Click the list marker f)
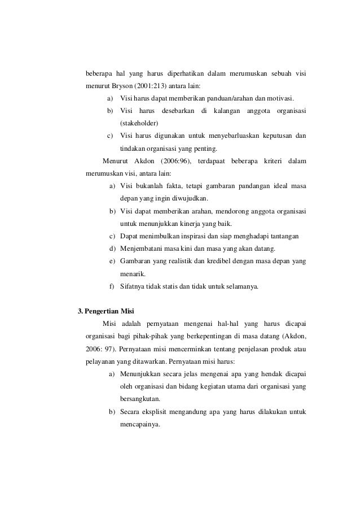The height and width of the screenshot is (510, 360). coord(112,286)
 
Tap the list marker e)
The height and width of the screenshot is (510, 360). coord(112,261)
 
